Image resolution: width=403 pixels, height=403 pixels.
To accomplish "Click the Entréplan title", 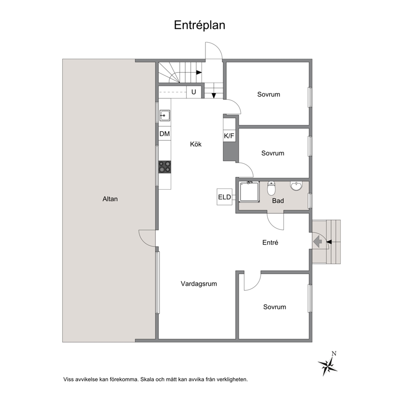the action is click(200, 25).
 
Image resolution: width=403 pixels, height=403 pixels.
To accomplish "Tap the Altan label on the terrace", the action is click(110, 199).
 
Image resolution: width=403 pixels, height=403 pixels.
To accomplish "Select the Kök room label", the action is click(196, 144).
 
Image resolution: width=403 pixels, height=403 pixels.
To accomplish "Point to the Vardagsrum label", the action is click(199, 284).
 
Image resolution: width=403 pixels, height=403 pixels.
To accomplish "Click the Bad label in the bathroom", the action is click(278, 201).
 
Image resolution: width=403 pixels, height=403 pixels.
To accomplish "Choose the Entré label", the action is click(270, 243).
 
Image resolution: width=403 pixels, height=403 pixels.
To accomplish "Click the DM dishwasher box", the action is click(165, 134).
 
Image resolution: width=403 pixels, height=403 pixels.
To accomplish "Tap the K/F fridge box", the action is click(229, 136).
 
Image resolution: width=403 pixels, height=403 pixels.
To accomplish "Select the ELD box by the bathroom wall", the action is click(224, 197).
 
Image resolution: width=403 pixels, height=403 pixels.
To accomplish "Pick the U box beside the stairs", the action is click(194, 92).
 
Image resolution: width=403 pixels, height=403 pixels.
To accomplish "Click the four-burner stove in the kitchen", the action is click(165, 167).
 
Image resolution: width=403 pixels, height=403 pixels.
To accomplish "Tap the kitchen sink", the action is click(165, 115).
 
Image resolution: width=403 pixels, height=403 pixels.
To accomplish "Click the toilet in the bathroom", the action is click(271, 188).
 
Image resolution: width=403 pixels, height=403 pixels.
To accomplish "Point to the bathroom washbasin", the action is click(296, 186).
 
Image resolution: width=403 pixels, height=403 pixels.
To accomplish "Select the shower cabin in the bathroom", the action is click(249, 192).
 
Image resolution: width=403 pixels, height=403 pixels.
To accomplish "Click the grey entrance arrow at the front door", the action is click(318, 242).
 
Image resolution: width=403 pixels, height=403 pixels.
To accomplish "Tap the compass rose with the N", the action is click(328, 364).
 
